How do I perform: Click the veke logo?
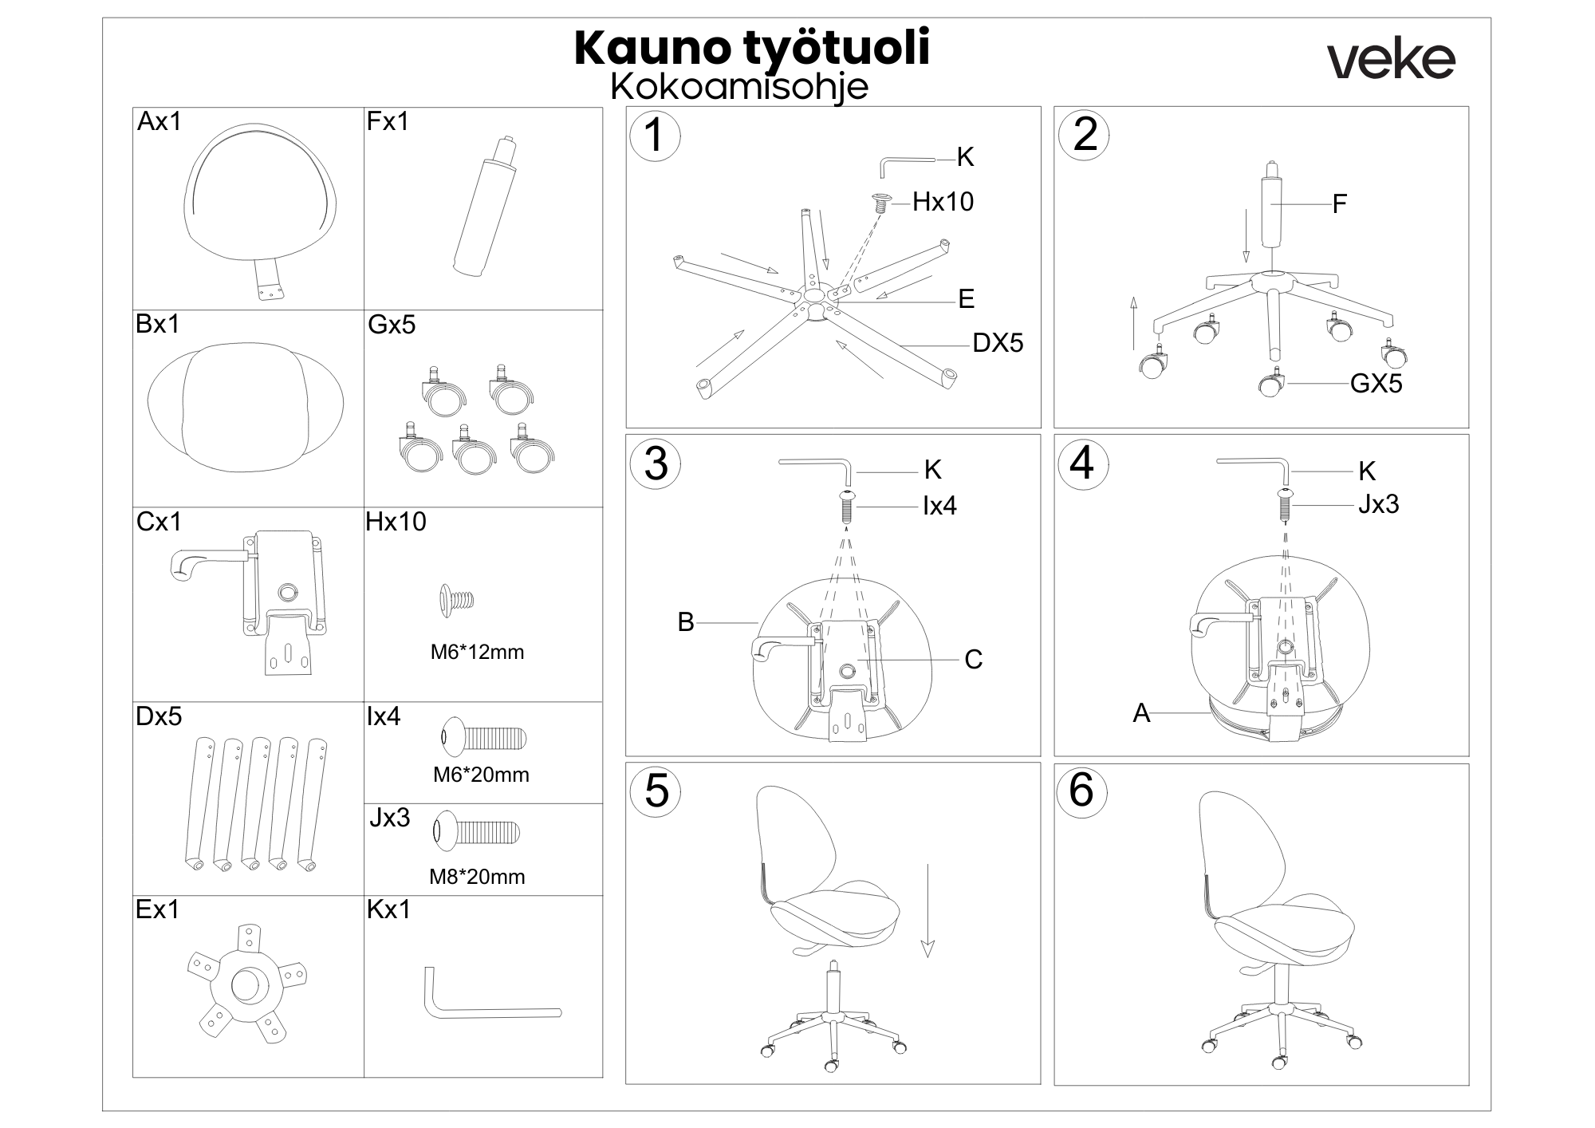tap(1391, 60)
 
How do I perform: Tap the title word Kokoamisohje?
tap(739, 86)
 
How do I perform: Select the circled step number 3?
tap(656, 463)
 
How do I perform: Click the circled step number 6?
tap(1081, 791)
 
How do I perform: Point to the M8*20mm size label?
tap(477, 877)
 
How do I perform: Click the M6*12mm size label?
tap(477, 652)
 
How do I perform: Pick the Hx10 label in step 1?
tap(943, 202)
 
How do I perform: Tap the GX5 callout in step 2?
tap(1376, 384)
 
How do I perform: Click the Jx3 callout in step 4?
tap(1378, 504)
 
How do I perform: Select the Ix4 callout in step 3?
tap(939, 506)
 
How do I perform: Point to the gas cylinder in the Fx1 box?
tap(484, 209)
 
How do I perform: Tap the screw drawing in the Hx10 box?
tap(457, 599)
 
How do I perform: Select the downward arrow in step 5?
tap(927, 909)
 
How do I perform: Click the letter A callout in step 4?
tap(1141, 713)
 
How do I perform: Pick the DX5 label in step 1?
tap(997, 343)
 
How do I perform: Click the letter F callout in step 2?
tap(1339, 204)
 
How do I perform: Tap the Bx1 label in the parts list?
tap(158, 324)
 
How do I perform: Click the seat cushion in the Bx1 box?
tap(246, 408)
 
